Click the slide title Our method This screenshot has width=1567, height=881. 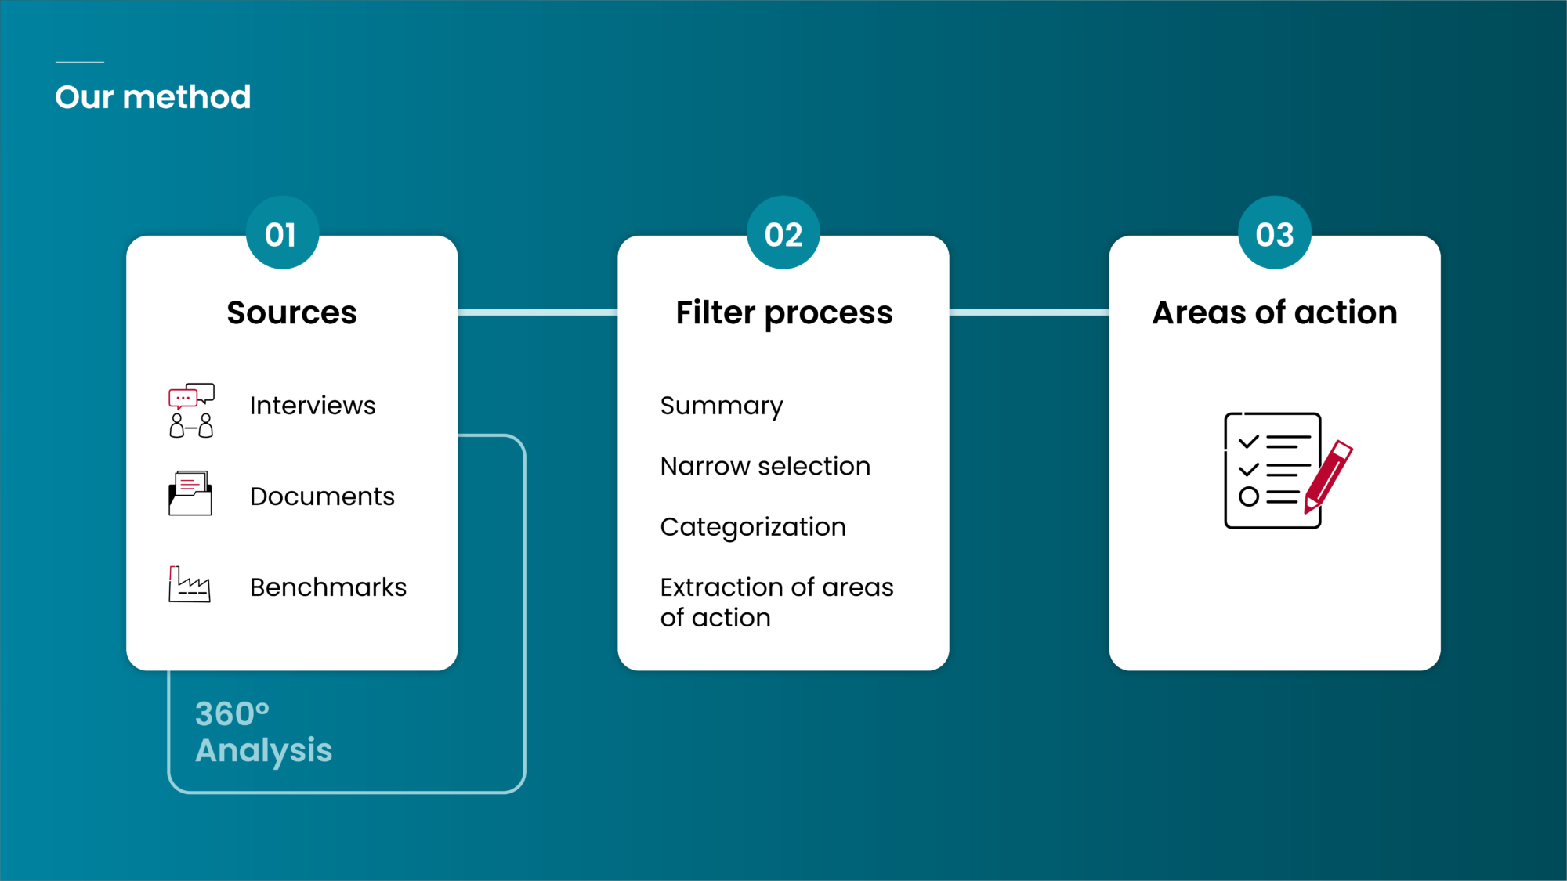(153, 97)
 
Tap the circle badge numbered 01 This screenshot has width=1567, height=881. (281, 234)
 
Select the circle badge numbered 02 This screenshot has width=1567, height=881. (783, 234)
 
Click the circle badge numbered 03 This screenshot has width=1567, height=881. (1274, 234)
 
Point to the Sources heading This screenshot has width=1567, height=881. (291, 312)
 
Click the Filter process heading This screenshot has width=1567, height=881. (783, 312)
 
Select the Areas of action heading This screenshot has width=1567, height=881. (1274, 312)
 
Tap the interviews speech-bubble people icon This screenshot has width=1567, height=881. (191, 410)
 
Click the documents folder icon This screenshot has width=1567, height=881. (190, 493)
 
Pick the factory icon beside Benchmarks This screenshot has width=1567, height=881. (190, 584)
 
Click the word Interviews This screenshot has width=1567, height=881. (313, 406)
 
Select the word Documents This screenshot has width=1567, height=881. (322, 496)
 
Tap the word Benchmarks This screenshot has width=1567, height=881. (328, 587)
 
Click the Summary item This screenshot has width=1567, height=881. (721, 406)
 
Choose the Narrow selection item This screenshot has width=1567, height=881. (765, 467)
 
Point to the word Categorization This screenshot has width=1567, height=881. (753, 527)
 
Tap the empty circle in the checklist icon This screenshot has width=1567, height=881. (1248, 496)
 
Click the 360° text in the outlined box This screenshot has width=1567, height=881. (232, 714)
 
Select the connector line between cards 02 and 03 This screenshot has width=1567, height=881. (1029, 312)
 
